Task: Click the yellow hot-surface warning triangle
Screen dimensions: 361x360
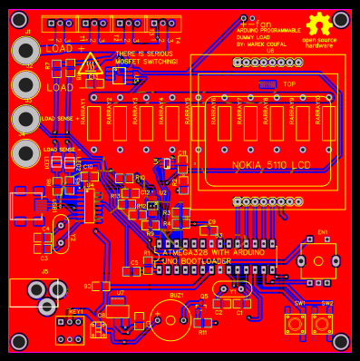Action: [89, 65]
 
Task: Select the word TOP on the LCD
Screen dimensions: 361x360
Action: [289, 83]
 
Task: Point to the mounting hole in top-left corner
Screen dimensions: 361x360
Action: [19, 18]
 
